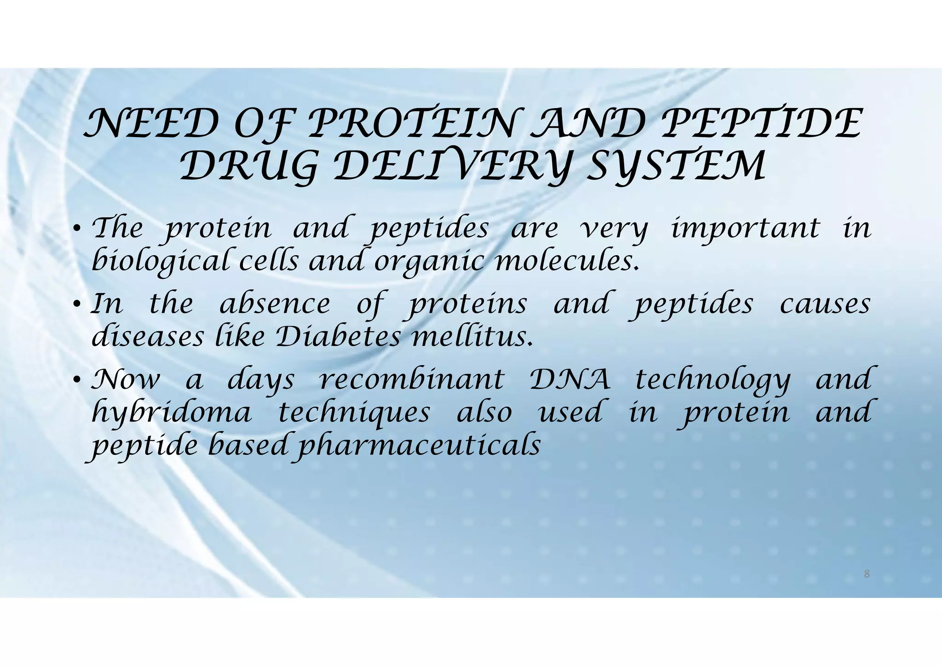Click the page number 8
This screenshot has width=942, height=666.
[867, 574]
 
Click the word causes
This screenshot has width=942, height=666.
[825, 305]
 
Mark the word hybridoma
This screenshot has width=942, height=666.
[172, 413]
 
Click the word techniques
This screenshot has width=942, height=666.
[355, 413]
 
